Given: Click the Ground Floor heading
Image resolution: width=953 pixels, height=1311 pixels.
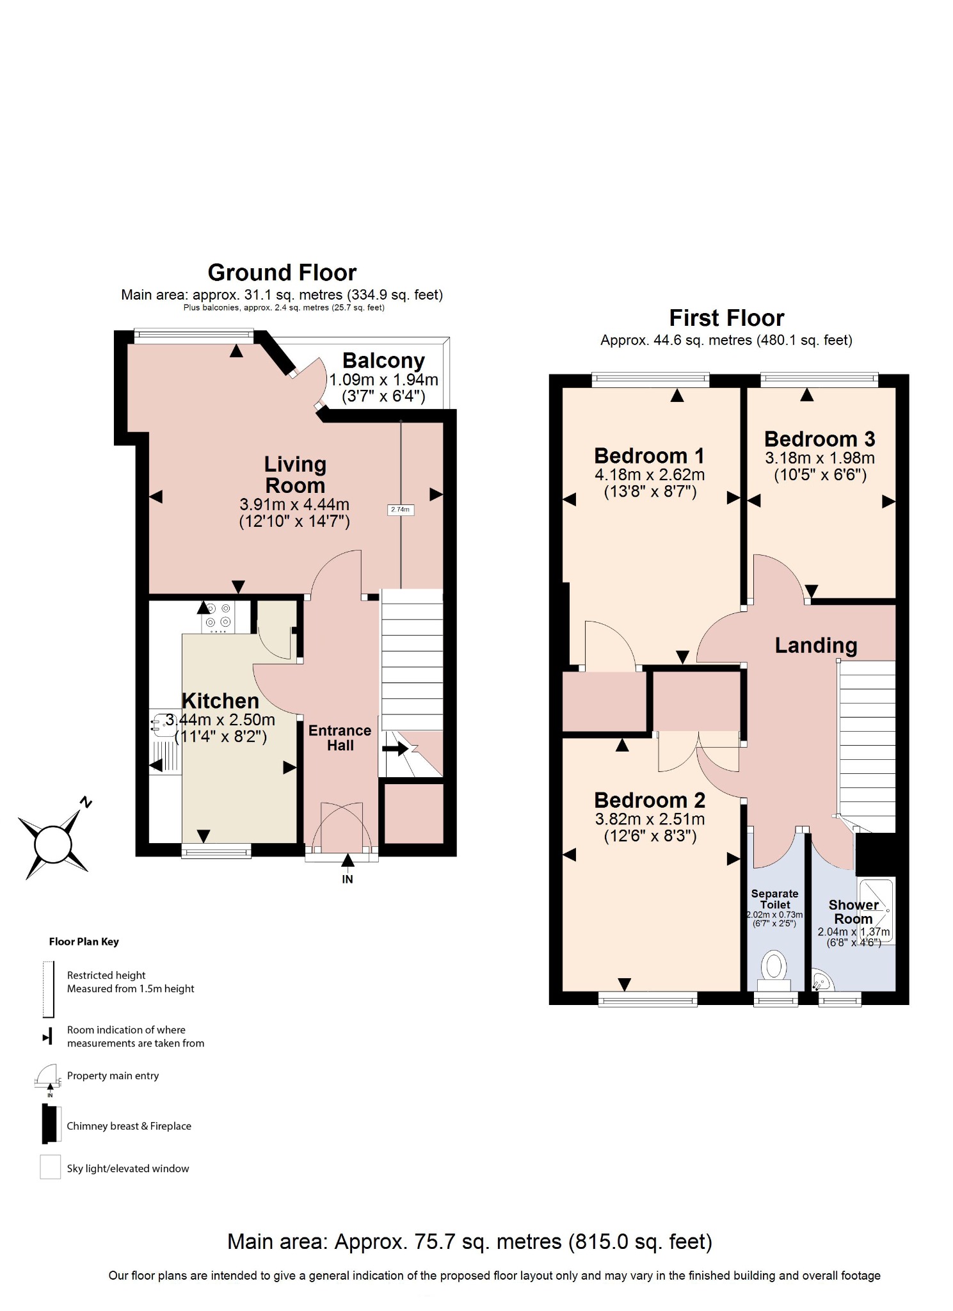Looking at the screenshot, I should point(282,273).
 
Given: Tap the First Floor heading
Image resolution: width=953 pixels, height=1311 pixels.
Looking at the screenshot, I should point(726,318).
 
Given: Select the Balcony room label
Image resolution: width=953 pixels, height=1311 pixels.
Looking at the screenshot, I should point(383,361).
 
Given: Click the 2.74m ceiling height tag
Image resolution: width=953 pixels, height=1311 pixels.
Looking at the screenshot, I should point(400,510).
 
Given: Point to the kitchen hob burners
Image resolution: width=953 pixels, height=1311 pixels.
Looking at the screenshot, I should point(218,615).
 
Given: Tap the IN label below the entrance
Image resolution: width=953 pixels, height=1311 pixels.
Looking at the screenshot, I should point(348,880).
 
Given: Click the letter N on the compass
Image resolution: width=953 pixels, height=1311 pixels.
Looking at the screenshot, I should point(86,802).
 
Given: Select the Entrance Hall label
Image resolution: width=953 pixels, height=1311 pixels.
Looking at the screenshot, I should point(340,738).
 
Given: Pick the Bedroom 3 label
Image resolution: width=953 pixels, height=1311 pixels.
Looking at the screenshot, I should point(819,439).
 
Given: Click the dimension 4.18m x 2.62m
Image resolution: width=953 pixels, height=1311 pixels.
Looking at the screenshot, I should point(650,475).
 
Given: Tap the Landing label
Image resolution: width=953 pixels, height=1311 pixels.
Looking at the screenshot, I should point(815,645).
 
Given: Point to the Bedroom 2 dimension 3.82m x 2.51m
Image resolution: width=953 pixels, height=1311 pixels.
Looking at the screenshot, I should point(650,819).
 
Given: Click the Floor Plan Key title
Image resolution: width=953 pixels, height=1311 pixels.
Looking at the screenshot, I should point(84,942).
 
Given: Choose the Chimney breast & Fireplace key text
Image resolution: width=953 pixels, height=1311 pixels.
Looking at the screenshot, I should point(129,1126).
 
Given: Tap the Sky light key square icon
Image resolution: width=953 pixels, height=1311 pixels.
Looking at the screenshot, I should point(51,1167).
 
